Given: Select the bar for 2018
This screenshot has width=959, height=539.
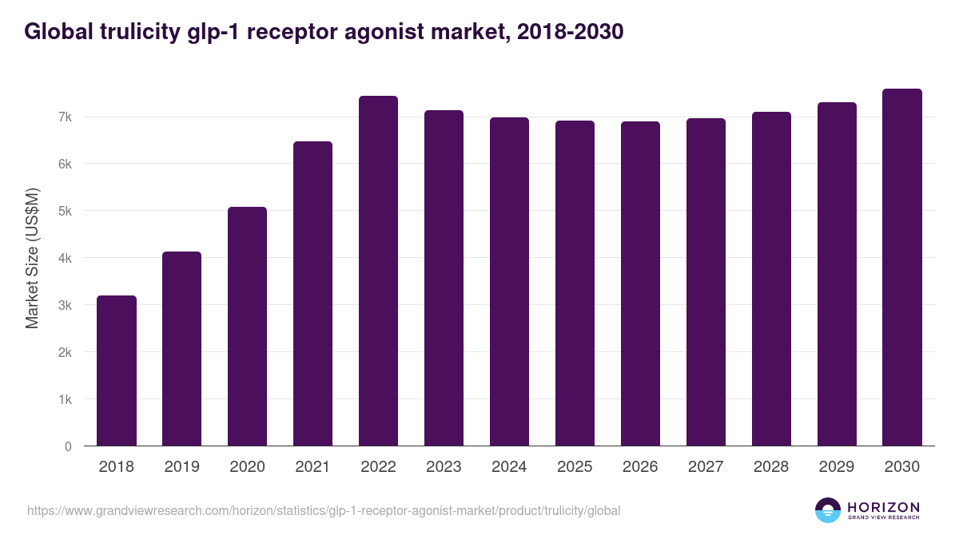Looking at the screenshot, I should click(117, 371).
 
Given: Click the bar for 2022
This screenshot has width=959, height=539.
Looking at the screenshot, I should click(378, 271).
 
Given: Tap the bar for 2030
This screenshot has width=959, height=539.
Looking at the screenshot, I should click(902, 268).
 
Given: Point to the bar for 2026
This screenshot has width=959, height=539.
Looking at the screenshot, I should click(640, 283).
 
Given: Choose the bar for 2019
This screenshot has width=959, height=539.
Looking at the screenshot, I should click(181, 348).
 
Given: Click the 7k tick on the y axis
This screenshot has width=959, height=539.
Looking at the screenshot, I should click(65, 117).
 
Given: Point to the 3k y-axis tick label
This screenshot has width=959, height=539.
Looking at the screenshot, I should click(65, 306).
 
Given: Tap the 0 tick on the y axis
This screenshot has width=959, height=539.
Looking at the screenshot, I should click(68, 447).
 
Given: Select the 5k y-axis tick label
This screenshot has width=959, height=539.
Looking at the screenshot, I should click(65, 212).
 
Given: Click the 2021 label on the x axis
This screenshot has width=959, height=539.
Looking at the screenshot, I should click(312, 467).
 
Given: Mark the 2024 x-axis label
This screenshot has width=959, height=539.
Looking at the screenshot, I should click(509, 467).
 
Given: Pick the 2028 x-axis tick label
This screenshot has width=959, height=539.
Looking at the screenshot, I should click(771, 467).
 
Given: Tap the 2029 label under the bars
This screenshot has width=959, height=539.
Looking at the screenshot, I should click(837, 467).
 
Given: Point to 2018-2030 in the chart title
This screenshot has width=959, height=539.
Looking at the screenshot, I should click(570, 31).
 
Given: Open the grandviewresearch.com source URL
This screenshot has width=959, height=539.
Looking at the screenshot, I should click(324, 510).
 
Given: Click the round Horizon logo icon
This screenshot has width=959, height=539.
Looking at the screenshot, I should click(828, 510).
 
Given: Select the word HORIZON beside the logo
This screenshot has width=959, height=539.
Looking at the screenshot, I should click(883, 507).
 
